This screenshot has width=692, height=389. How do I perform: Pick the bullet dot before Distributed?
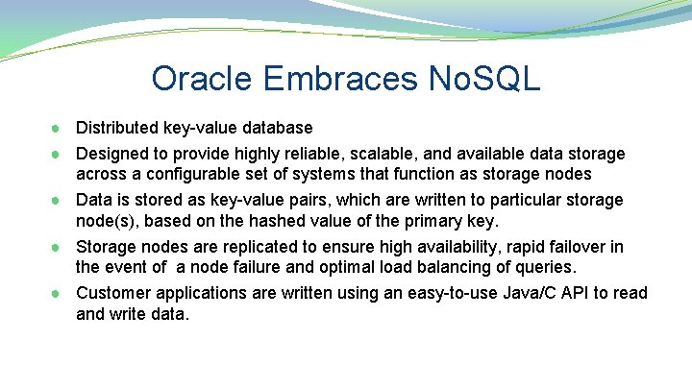(x=58, y=128)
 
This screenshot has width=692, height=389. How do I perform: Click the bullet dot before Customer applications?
(x=58, y=293)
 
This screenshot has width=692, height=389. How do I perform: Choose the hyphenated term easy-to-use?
(x=427, y=292)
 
